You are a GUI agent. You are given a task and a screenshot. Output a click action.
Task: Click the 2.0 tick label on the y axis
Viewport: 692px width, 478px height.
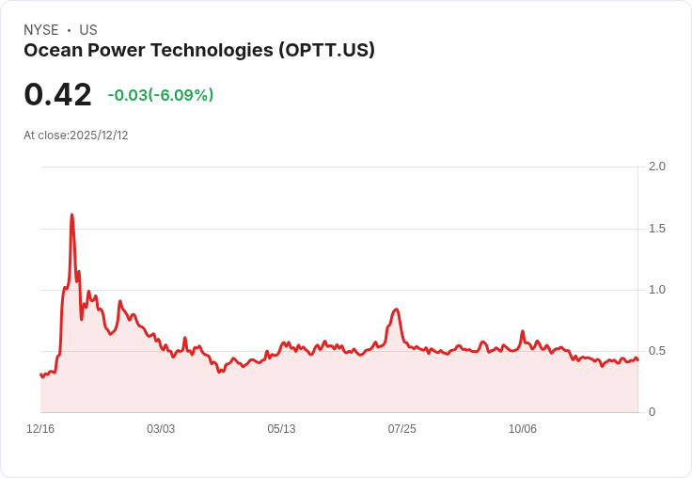[x=656, y=167]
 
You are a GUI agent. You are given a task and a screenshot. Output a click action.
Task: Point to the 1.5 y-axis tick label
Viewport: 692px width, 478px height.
[x=656, y=229]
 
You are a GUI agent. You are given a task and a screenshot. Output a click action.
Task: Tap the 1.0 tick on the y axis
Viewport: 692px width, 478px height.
[x=656, y=290]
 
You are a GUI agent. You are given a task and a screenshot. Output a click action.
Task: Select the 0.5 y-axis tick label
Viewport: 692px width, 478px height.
[x=656, y=351]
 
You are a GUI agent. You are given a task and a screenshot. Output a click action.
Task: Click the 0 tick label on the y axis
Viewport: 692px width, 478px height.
[x=652, y=412]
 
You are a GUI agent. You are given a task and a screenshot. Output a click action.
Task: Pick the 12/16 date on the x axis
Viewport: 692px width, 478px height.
[x=40, y=429]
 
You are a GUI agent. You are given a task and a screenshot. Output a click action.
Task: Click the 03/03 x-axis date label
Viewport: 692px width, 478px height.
[x=161, y=429]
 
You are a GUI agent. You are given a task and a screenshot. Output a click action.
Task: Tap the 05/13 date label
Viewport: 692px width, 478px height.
[x=281, y=429]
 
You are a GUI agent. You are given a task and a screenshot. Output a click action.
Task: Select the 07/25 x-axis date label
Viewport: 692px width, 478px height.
[x=401, y=429]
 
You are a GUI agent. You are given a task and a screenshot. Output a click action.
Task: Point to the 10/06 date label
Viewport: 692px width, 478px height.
[x=522, y=429]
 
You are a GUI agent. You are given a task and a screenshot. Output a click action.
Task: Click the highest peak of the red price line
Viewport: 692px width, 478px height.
[x=71, y=215]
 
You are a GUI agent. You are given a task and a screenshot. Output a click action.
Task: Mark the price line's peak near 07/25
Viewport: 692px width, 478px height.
[x=396, y=310]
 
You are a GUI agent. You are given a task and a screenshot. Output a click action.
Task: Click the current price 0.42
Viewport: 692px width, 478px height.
[x=57, y=95]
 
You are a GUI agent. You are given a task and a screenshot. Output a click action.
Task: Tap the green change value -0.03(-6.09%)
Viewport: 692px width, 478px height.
[x=161, y=95]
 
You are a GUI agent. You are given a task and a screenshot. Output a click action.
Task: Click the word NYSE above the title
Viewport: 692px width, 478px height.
[x=41, y=30]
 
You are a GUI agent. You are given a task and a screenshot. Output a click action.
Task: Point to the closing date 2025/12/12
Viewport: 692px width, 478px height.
[x=99, y=135]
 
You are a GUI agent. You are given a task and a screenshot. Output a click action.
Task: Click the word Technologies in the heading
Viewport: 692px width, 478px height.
[x=212, y=51]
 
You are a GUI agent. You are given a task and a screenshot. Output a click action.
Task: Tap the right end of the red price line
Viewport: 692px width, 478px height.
[x=637, y=360]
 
